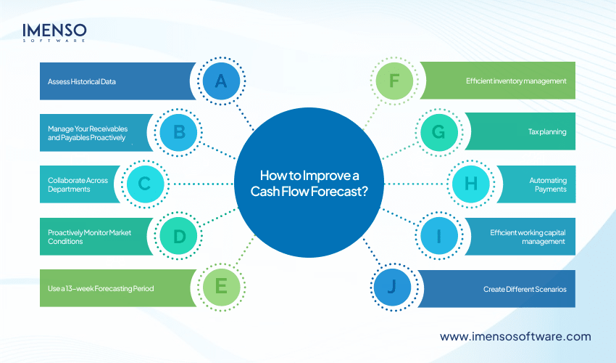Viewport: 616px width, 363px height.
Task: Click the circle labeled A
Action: [x=220, y=81]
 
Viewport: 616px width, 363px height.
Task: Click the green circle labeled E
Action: [x=220, y=288]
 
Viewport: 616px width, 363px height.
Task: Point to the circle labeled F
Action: [x=394, y=81]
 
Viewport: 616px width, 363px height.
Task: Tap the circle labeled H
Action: [x=470, y=184]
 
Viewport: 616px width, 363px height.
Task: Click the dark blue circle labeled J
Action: [x=394, y=288]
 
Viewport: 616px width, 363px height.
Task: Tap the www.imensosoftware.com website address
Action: [x=515, y=336]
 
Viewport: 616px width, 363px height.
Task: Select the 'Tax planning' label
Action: [x=547, y=133]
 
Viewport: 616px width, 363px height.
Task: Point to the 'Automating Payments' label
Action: [x=549, y=184]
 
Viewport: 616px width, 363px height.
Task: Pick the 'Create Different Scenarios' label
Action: [x=525, y=289]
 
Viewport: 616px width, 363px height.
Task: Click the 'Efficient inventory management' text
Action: [x=516, y=81]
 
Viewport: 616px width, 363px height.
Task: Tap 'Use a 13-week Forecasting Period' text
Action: [x=96, y=289]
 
